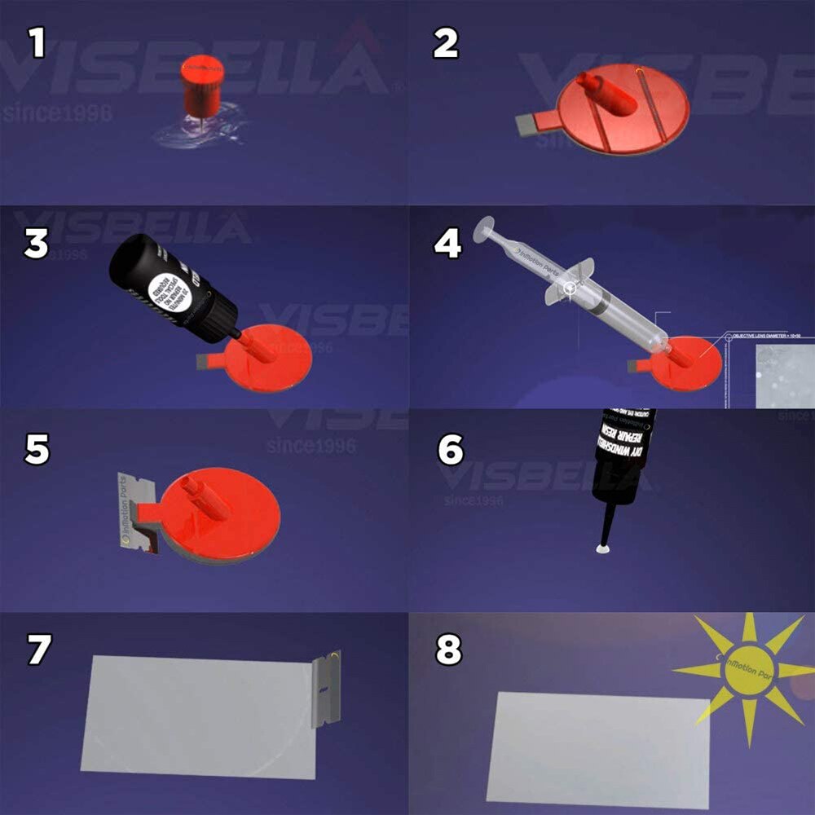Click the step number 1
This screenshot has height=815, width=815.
point(35,42)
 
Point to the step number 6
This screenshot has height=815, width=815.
point(451,450)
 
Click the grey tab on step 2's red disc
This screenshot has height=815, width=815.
point(531,125)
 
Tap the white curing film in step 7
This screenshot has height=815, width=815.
point(196,713)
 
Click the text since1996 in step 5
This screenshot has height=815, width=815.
point(310,447)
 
